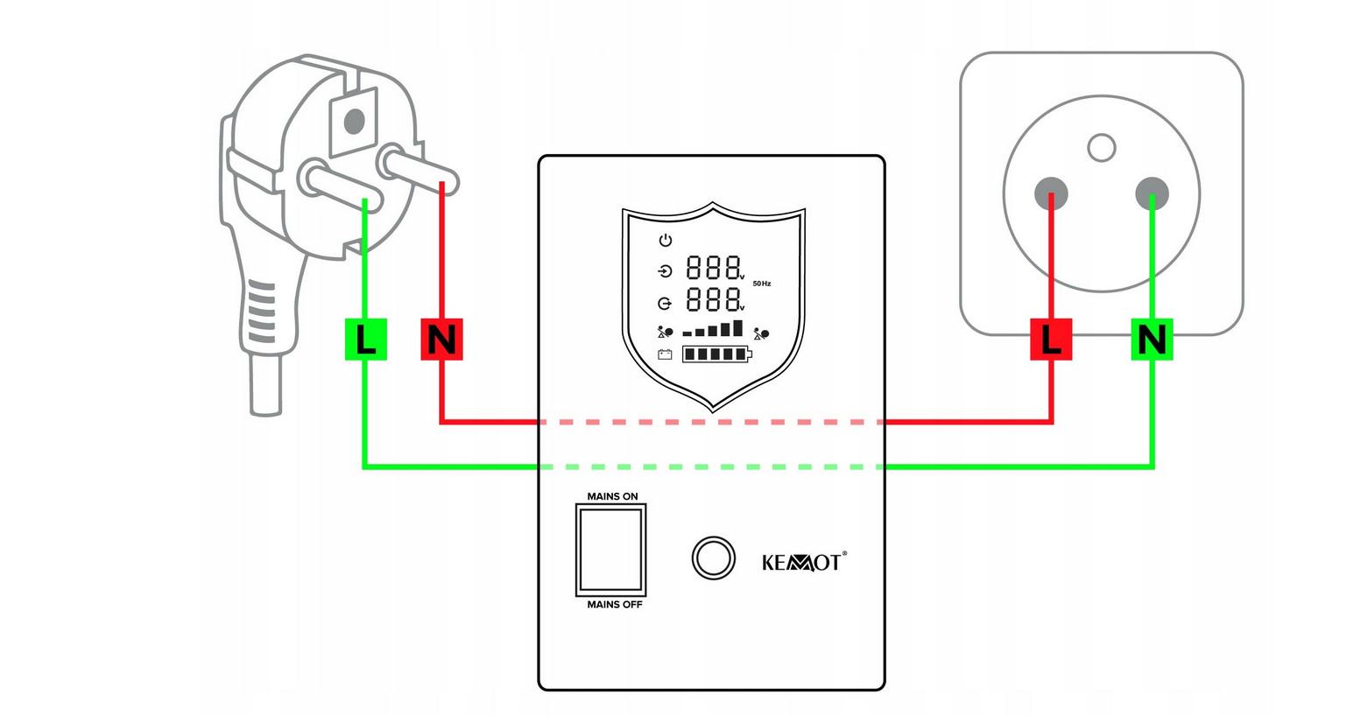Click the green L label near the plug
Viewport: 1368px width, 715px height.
365,339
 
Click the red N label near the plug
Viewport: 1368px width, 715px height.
441,339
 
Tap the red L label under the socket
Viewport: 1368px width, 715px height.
1052,339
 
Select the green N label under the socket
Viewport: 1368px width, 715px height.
1152,339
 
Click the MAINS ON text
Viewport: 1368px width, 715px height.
612,497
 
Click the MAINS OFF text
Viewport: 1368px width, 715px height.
615,605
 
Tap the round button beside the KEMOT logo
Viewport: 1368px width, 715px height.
712,557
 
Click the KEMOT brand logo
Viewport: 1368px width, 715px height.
803,562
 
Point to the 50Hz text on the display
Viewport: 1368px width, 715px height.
762,284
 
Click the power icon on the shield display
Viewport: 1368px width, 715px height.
666,240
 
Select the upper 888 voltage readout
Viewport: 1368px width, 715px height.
713,267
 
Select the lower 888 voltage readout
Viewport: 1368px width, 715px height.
713,299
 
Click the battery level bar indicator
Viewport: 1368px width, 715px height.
716,354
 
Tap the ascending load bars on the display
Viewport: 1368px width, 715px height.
713,329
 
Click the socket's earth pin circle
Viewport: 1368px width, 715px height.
1101,147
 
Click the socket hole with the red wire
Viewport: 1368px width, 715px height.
1051,193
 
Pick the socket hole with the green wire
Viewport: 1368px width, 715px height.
1152,193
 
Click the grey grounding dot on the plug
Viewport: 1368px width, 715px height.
355,120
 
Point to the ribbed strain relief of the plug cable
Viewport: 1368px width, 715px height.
262,315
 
